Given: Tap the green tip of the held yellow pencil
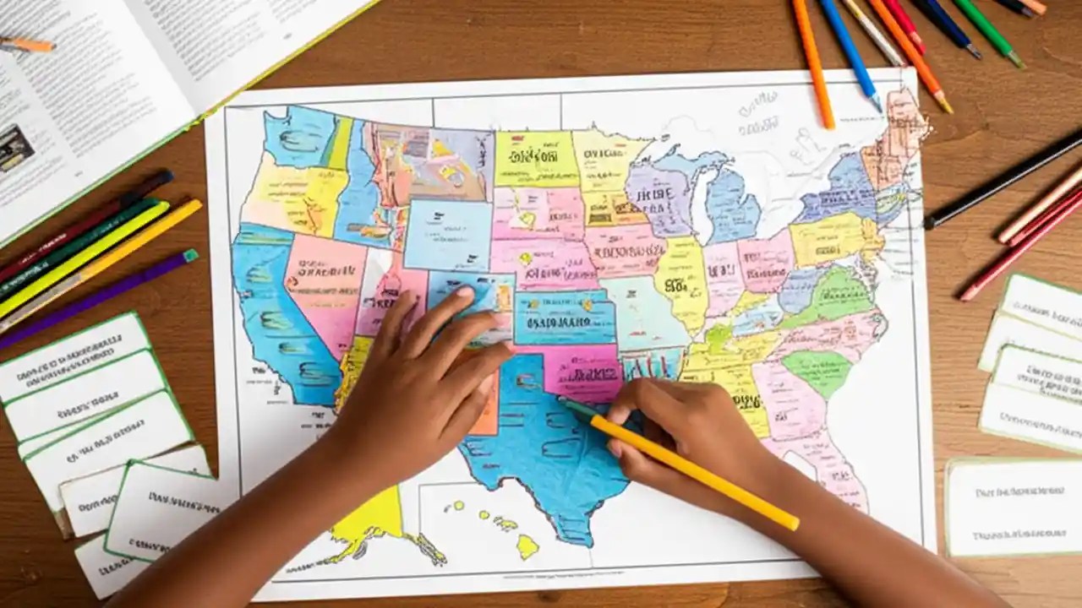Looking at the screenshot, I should (x=566, y=404).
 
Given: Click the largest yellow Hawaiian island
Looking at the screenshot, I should (x=527, y=546).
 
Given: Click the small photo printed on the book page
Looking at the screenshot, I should (x=15, y=149).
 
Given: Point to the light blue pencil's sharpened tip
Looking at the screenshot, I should (x=877, y=105).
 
